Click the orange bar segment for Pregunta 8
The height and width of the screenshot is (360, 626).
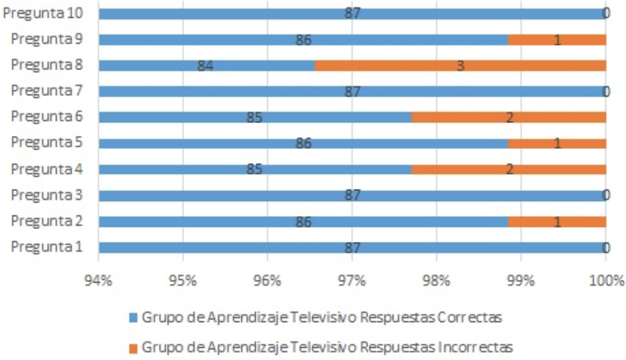[x=461, y=65]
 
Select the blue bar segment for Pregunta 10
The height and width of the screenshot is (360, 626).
[x=352, y=14]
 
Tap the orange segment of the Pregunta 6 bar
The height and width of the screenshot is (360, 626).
[x=509, y=117]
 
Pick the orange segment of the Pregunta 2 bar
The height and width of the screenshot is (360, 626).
[x=557, y=221]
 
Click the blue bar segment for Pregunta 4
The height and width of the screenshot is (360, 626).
[x=255, y=169]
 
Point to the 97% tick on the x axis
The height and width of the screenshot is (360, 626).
[x=352, y=281]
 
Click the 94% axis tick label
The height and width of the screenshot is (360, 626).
[x=98, y=281]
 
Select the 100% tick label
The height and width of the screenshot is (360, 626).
[x=607, y=281]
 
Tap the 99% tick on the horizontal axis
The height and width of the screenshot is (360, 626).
[x=521, y=281]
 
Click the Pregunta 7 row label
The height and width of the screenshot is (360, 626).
[x=47, y=91]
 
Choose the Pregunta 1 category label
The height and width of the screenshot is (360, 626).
[x=47, y=247]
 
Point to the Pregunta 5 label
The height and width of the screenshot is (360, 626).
[x=47, y=142]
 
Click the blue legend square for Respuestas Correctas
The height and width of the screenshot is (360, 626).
[x=133, y=318]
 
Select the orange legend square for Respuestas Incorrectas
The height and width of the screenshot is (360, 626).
[x=133, y=349]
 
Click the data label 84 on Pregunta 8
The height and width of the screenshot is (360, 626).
[x=206, y=66]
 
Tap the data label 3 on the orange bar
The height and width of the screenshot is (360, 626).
[x=461, y=66]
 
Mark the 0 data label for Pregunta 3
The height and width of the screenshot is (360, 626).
[x=606, y=195]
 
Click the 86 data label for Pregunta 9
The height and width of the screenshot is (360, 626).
[x=304, y=40]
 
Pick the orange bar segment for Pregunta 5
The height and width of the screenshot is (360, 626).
[x=557, y=143]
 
